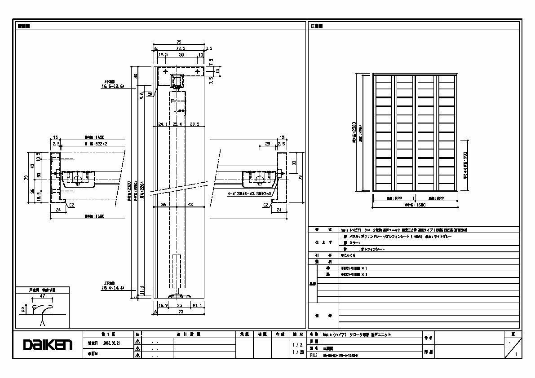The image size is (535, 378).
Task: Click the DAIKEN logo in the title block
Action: pyautogui.click(x=48, y=345)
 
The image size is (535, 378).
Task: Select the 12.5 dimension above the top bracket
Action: pyautogui.click(x=164, y=55)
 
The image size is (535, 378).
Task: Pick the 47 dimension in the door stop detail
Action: pyautogui.click(x=42, y=297)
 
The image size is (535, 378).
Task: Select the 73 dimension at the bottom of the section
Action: pyautogui.click(x=181, y=311)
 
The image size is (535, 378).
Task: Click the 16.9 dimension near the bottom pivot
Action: pyautogui.click(x=164, y=305)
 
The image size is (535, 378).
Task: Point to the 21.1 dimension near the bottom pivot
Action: pyautogui.click(x=197, y=305)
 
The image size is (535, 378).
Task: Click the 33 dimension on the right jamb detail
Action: pyautogui.click(x=294, y=163)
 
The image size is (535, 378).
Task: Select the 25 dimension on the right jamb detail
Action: pyautogui.click(x=268, y=144)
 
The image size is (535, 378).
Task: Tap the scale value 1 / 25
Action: pyautogui.click(x=298, y=352)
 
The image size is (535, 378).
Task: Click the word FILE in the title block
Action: pyautogui.click(x=314, y=355)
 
